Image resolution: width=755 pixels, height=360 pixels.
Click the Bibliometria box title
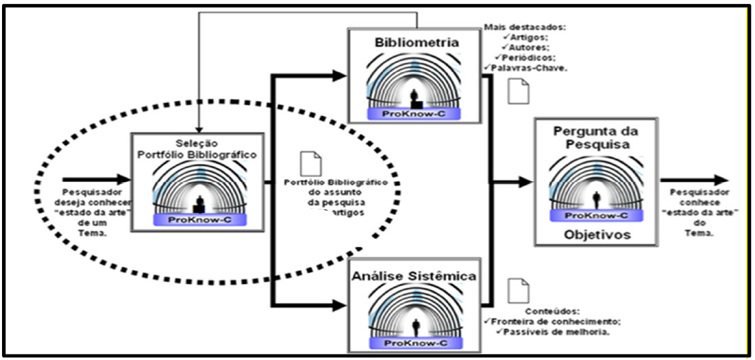[x=417, y=43]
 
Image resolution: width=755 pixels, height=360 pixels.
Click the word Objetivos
[x=597, y=235]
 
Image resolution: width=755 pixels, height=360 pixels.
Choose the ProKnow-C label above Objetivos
[x=597, y=214]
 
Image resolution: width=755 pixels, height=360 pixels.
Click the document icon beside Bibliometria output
[x=518, y=92]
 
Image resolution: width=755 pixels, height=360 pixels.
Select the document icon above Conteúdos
[x=518, y=289]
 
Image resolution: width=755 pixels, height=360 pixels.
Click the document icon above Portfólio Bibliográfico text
[x=311, y=163]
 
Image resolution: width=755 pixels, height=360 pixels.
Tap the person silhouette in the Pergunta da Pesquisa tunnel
[x=596, y=199]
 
